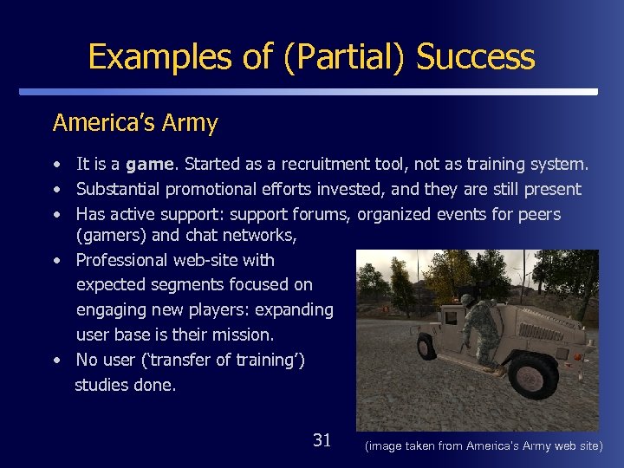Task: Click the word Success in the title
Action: [476, 57]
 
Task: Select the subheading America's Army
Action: [135, 123]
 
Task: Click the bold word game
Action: [152, 164]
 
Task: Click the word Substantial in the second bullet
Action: [123, 189]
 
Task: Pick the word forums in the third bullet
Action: [325, 214]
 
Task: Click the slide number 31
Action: [322, 440]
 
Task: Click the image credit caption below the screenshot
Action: [484, 445]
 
